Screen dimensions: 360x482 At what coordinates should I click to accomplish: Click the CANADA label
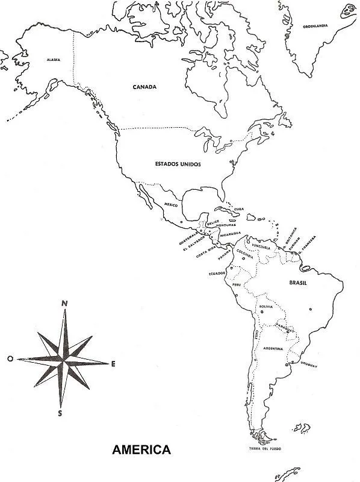[x=144, y=87]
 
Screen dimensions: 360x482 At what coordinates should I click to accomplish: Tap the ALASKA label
[x=52, y=60]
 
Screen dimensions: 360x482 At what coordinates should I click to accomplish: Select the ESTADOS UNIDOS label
[x=178, y=163]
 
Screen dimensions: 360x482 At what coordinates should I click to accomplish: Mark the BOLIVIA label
[x=266, y=307]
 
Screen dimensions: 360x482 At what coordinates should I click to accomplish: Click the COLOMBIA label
[x=245, y=251]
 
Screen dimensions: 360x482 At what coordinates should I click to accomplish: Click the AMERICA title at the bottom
[x=142, y=449]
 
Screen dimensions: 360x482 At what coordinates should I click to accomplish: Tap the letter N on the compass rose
[x=64, y=303]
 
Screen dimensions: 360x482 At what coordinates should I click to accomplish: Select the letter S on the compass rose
[x=60, y=413]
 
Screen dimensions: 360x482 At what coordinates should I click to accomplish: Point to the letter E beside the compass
[x=113, y=363]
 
